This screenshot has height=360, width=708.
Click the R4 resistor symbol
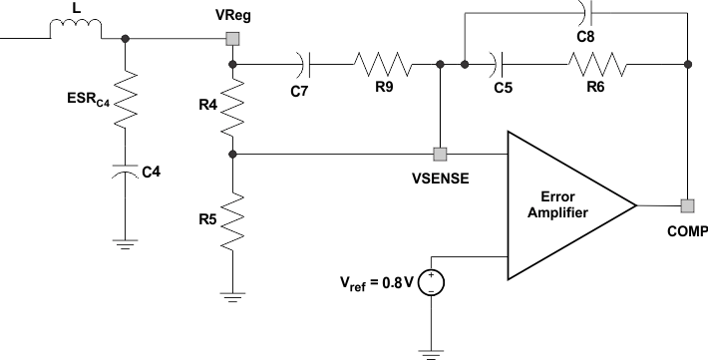click(231, 110)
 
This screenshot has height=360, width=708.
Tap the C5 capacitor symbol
click(498, 65)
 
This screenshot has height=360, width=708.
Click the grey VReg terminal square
click(231, 39)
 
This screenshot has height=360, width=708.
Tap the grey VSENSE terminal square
click(440, 155)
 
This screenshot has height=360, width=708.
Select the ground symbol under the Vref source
click(431, 350)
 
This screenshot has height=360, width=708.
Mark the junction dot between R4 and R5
click(231, 155)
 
